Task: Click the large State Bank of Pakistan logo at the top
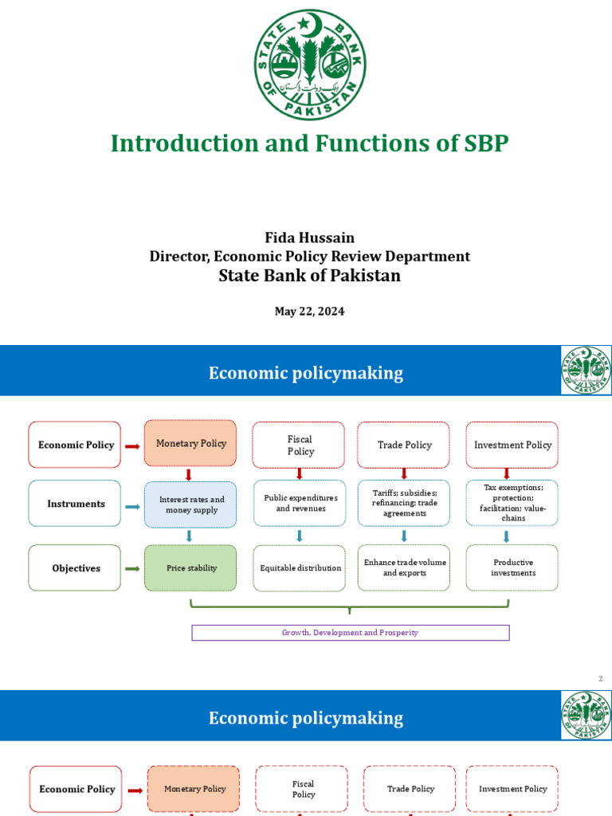[x=310, y=65]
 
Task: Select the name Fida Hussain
[x=309, y=237]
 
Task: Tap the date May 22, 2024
[x=309, y=312]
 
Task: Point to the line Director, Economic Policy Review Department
[x=309, y=257]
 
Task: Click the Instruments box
[x=75, y=504]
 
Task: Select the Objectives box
[x=75, y=568]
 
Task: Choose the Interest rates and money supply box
[x=190, y=504]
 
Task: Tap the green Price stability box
[x=190, y=568]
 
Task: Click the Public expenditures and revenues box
[x=300, y=504]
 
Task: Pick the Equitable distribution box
[x=300, y=568]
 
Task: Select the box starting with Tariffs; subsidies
[x=404, y=504]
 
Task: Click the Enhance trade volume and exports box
[x=404, y=568]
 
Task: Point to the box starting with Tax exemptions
[x=512, y=503]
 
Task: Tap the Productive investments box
[x=512, y=568]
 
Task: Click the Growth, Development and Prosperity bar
[x=351, y=633]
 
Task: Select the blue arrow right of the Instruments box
[x=132, y=504]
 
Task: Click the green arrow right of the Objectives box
[x=132, y=568]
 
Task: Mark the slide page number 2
[x=601, y=679]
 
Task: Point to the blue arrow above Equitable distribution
[x=300, y=536]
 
